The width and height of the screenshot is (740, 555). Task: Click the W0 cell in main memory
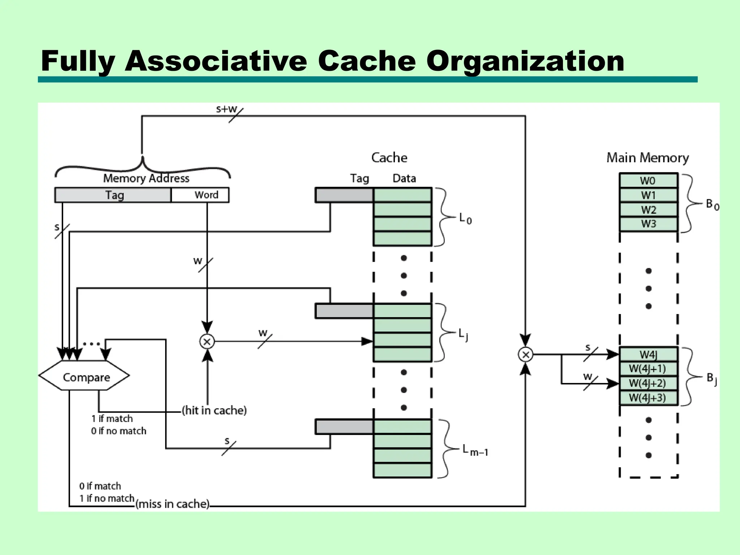[x=648, y=180]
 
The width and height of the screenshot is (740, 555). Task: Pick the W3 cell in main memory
[x=648, y=224]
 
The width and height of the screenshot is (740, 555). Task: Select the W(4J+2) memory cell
[x=648, y=383]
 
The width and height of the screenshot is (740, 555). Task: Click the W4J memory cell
[x=648, y=354]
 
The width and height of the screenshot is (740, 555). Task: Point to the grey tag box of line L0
[x=344, y=195]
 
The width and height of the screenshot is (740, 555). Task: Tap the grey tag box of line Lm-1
[x=344, y=427]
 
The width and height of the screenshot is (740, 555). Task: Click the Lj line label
[x=463, y=334]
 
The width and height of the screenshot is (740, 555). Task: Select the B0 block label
[x=712, y=205]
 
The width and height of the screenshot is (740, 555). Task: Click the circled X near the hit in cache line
[x=207, y=341]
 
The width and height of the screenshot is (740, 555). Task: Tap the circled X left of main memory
[x=525, y=354]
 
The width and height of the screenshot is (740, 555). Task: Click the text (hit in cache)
[x=214, y=410]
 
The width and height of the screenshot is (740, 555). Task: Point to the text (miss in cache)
[x=172, y=504]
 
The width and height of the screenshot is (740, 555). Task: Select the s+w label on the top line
[x=226, y=109]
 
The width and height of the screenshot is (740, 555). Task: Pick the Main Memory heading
[x=647, y=158]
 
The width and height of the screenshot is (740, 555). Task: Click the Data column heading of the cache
[x=404, y=178]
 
